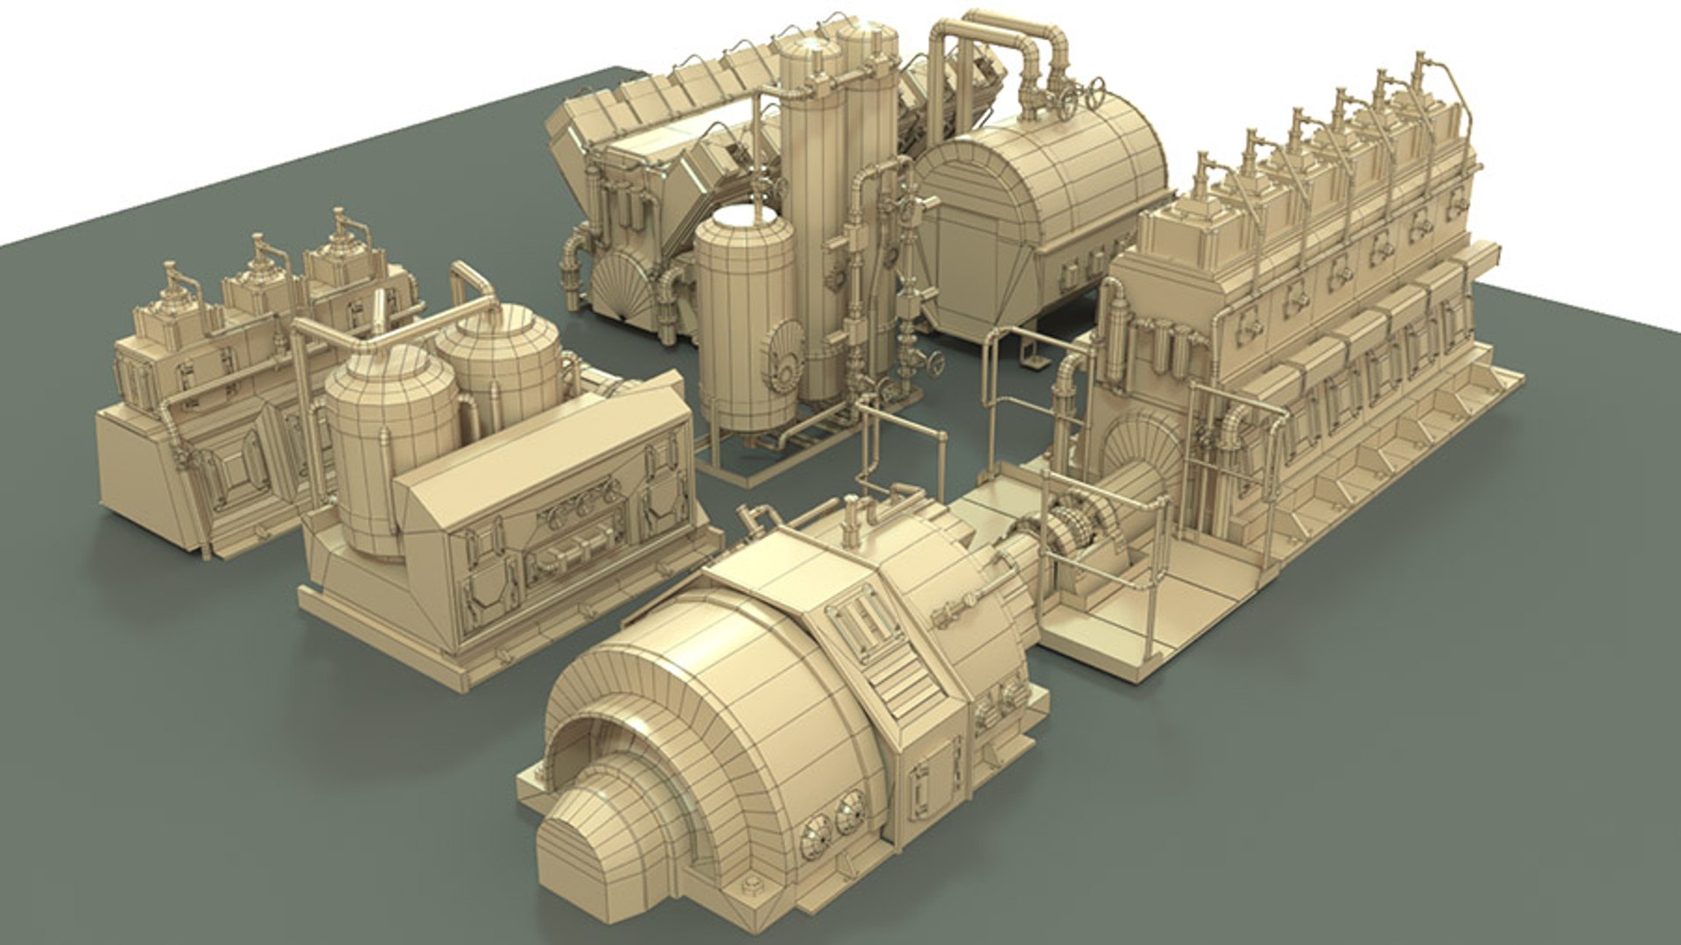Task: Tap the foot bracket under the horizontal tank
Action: click(1030, 349)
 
